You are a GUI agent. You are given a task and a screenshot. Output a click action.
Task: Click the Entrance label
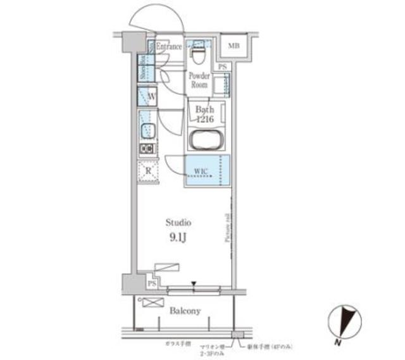click(x=169, y=47)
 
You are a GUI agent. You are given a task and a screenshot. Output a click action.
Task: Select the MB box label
click(x=234, y=46)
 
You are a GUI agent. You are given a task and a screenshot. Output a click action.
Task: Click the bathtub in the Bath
click(x=206, y=140)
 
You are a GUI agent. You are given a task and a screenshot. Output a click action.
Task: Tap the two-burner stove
click(x=147, y=149)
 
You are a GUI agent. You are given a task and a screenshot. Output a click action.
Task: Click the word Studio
click(x=178, y=223)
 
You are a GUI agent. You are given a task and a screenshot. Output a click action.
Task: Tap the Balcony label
click(x=185, y=311)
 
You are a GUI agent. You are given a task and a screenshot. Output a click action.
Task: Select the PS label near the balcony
click(x=151, y=284)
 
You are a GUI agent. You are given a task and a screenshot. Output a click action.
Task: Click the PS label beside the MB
click(x=221, y=66)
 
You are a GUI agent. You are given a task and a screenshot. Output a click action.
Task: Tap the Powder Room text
click(x=199, y=80)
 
